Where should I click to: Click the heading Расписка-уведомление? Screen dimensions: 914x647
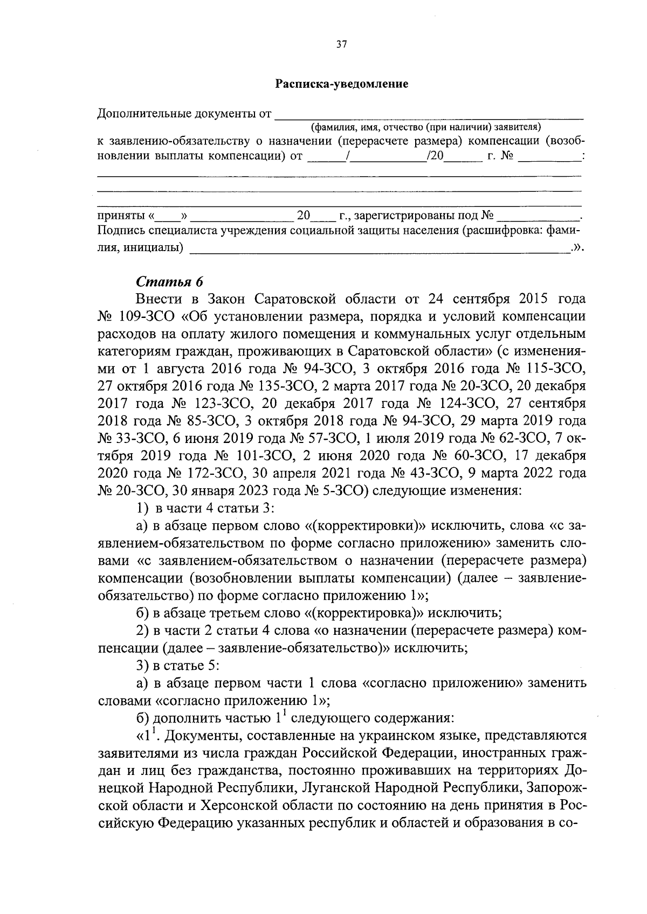342,84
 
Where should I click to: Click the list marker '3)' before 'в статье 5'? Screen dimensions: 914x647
142,666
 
